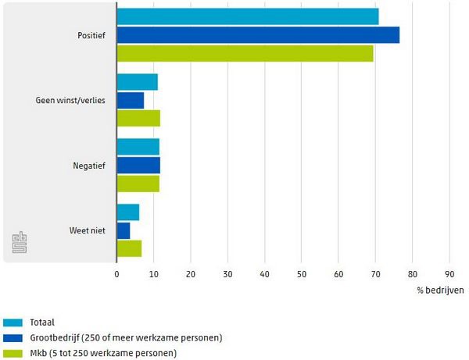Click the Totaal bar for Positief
pyautogui.click(x=248, y=16)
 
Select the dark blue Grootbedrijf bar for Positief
pyautogui.click(x=258, y=35)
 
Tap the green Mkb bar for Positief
pyautogui.click(x=245, y=54)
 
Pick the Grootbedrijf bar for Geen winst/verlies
pyautogui.click(x=131, y=100)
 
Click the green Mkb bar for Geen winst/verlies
pyautogui.click(x=138, y=119)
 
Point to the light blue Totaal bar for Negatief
pyautogui.click(x=138, y=147)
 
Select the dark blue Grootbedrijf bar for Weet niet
pyautogui.click(x=124, y=230)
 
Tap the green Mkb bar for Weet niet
pyautogui.click(x=129, y=248)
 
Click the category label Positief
pyautogui.click(x=91, y=35)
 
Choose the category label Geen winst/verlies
pyautogui.click(x=70, y=101)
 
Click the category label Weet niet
pyautogui.click(x=88, y=230)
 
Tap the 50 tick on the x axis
pyautogui.click(x=301, y=274)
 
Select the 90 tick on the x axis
pyautogui.click(x=449, y=274)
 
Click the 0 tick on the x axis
pyautogui.click(x=116, y=274)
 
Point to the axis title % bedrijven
pyautogui.click(x=440, y=290)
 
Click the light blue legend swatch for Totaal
pyautogui.click(x=13, y=322)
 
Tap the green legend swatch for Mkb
pyautogui.click(x=13, y=353)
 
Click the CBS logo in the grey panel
pyautogui.click(x=19, y=242)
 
